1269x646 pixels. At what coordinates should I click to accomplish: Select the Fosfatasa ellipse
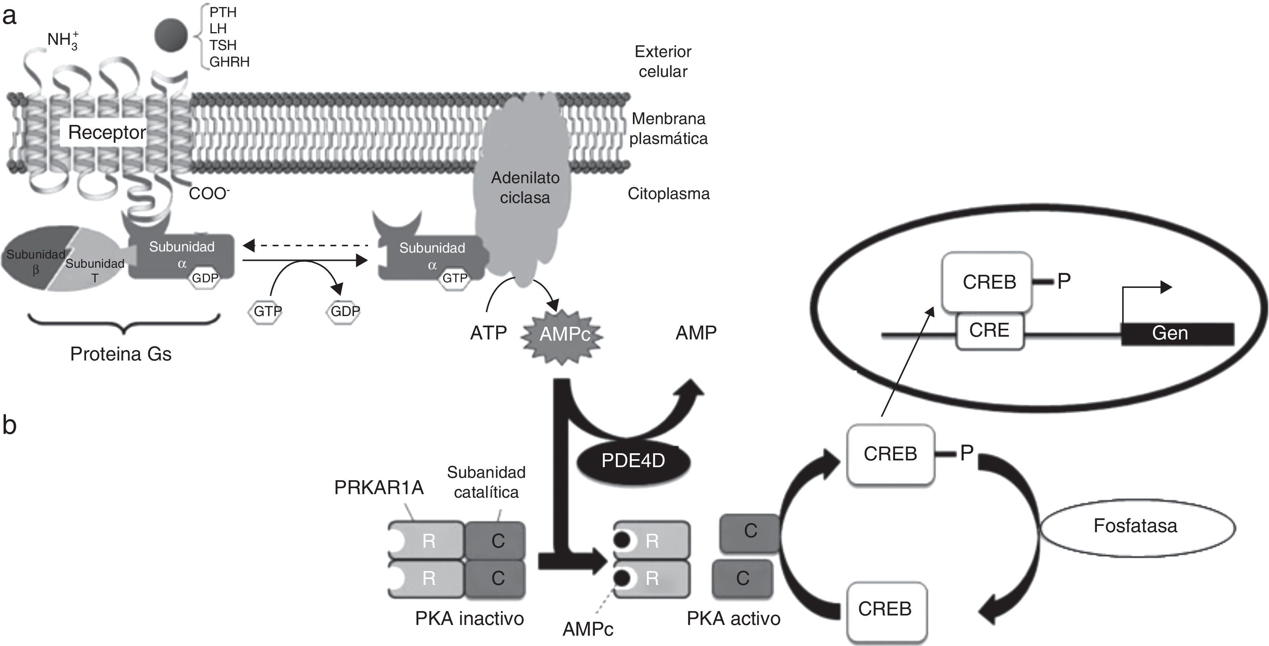tap(1137, 526)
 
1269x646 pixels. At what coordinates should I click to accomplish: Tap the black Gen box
tap(1177, 333)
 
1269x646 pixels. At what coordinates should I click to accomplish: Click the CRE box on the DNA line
tap(989, 330)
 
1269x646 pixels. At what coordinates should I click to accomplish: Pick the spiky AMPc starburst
tap(564, 334)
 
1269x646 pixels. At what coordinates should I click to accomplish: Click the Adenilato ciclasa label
tap(525, 188)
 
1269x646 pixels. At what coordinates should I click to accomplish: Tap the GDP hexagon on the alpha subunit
tap(205, 278)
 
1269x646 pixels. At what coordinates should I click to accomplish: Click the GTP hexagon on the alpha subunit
tap(454, 278)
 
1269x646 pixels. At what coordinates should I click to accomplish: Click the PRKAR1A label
tap(379, 488)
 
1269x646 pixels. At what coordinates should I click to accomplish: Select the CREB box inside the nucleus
tap(987, 282)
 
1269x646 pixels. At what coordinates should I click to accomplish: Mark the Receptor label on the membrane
tap(106, 132)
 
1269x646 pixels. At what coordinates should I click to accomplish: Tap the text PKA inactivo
tap(469, 618)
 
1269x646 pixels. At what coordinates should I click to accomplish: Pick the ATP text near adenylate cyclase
tap(488, 333)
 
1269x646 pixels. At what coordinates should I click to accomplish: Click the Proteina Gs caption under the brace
tap(121, 354)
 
